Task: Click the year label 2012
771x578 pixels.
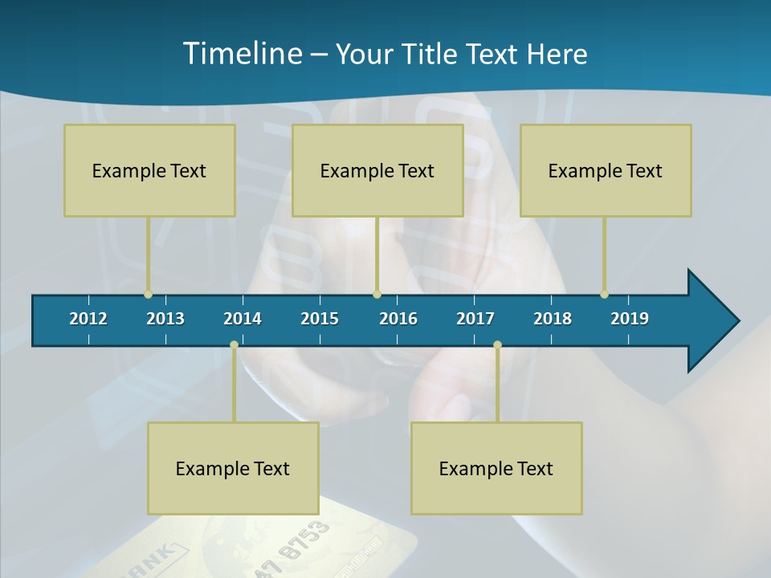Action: [x=88, y=319]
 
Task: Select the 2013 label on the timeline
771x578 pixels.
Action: [x=165, y=319]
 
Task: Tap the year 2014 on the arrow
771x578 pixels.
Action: [x=243, y=319]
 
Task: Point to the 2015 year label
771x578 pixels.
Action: [x=320, y=319]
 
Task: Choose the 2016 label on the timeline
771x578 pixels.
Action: [x=398, y=319]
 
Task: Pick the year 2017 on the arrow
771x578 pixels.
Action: [x=475, y=319]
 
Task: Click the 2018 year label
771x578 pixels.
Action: [x=553, y=319]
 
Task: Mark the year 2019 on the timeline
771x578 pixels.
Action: [x=630, y=319]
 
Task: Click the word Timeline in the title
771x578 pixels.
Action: [x=242, y=54]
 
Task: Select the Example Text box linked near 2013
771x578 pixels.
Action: [x=149, y=170]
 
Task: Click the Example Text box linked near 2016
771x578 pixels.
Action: [x=377, y=170]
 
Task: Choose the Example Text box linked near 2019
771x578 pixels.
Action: [x=606, y=170]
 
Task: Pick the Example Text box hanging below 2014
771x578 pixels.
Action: [x=233, y=468]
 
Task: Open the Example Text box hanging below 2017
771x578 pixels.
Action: [x=496, y=468]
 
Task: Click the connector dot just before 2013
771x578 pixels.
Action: [x=148, y=295]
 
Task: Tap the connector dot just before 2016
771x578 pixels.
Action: [x=377, y=295]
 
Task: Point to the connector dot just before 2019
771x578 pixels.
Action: [x=604, y=295]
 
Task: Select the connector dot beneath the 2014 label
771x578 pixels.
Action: [x=234, y=345]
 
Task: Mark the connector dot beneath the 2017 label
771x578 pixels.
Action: [x=497, y=345]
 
